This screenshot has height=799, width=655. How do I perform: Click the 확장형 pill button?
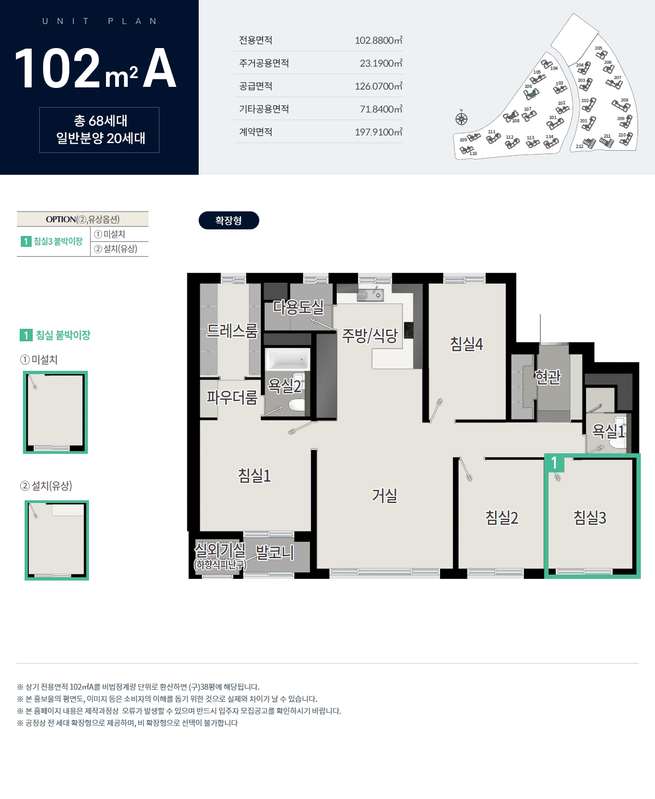[x=229, y=220]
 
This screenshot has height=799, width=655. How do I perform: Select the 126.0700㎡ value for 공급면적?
[x=378, y=86]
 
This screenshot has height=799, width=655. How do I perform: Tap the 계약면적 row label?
[x=255, y=132]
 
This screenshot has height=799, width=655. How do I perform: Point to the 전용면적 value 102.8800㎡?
[x=378, y=40]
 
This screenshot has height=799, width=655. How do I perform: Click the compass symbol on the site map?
[x=461, y=119]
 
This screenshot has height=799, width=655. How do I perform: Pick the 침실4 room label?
[x=466, y=344]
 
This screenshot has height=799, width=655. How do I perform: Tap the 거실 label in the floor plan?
[x=384, y=495]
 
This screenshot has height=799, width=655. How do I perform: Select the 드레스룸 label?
[x=232, y=331]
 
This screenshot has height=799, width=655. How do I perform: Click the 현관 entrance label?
[x=547, y=377]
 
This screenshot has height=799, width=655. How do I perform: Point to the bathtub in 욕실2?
[x=287, y=359]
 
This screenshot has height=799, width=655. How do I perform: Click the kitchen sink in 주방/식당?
[x=370, y=295]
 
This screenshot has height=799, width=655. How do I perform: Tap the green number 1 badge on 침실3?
[x=554, y=463]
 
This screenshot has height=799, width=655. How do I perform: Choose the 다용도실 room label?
[x=299, y=307]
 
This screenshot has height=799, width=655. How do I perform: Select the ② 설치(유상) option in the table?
[x=116, y=249]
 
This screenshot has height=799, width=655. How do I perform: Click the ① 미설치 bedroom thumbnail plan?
[x=55, y=412]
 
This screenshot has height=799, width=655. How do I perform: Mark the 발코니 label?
[x=275, y=552]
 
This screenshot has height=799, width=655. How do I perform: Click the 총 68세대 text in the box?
[x=100, y=121]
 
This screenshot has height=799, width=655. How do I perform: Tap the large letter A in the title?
[x=159, y=68]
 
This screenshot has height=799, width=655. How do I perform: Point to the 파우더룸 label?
[x=232, y=398]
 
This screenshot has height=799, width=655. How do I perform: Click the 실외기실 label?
[x=220, y=550]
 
